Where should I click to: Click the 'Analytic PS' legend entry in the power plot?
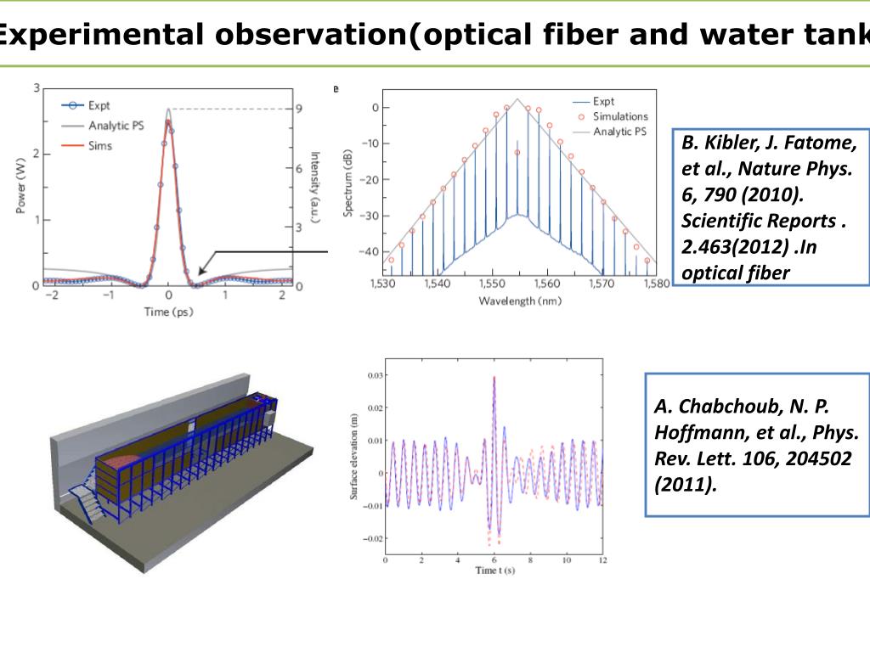115,126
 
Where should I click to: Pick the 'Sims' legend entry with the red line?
99,146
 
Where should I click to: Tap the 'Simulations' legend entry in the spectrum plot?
620,116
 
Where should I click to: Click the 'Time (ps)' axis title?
169,312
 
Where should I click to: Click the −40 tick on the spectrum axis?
369,252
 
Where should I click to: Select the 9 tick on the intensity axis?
299,109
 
